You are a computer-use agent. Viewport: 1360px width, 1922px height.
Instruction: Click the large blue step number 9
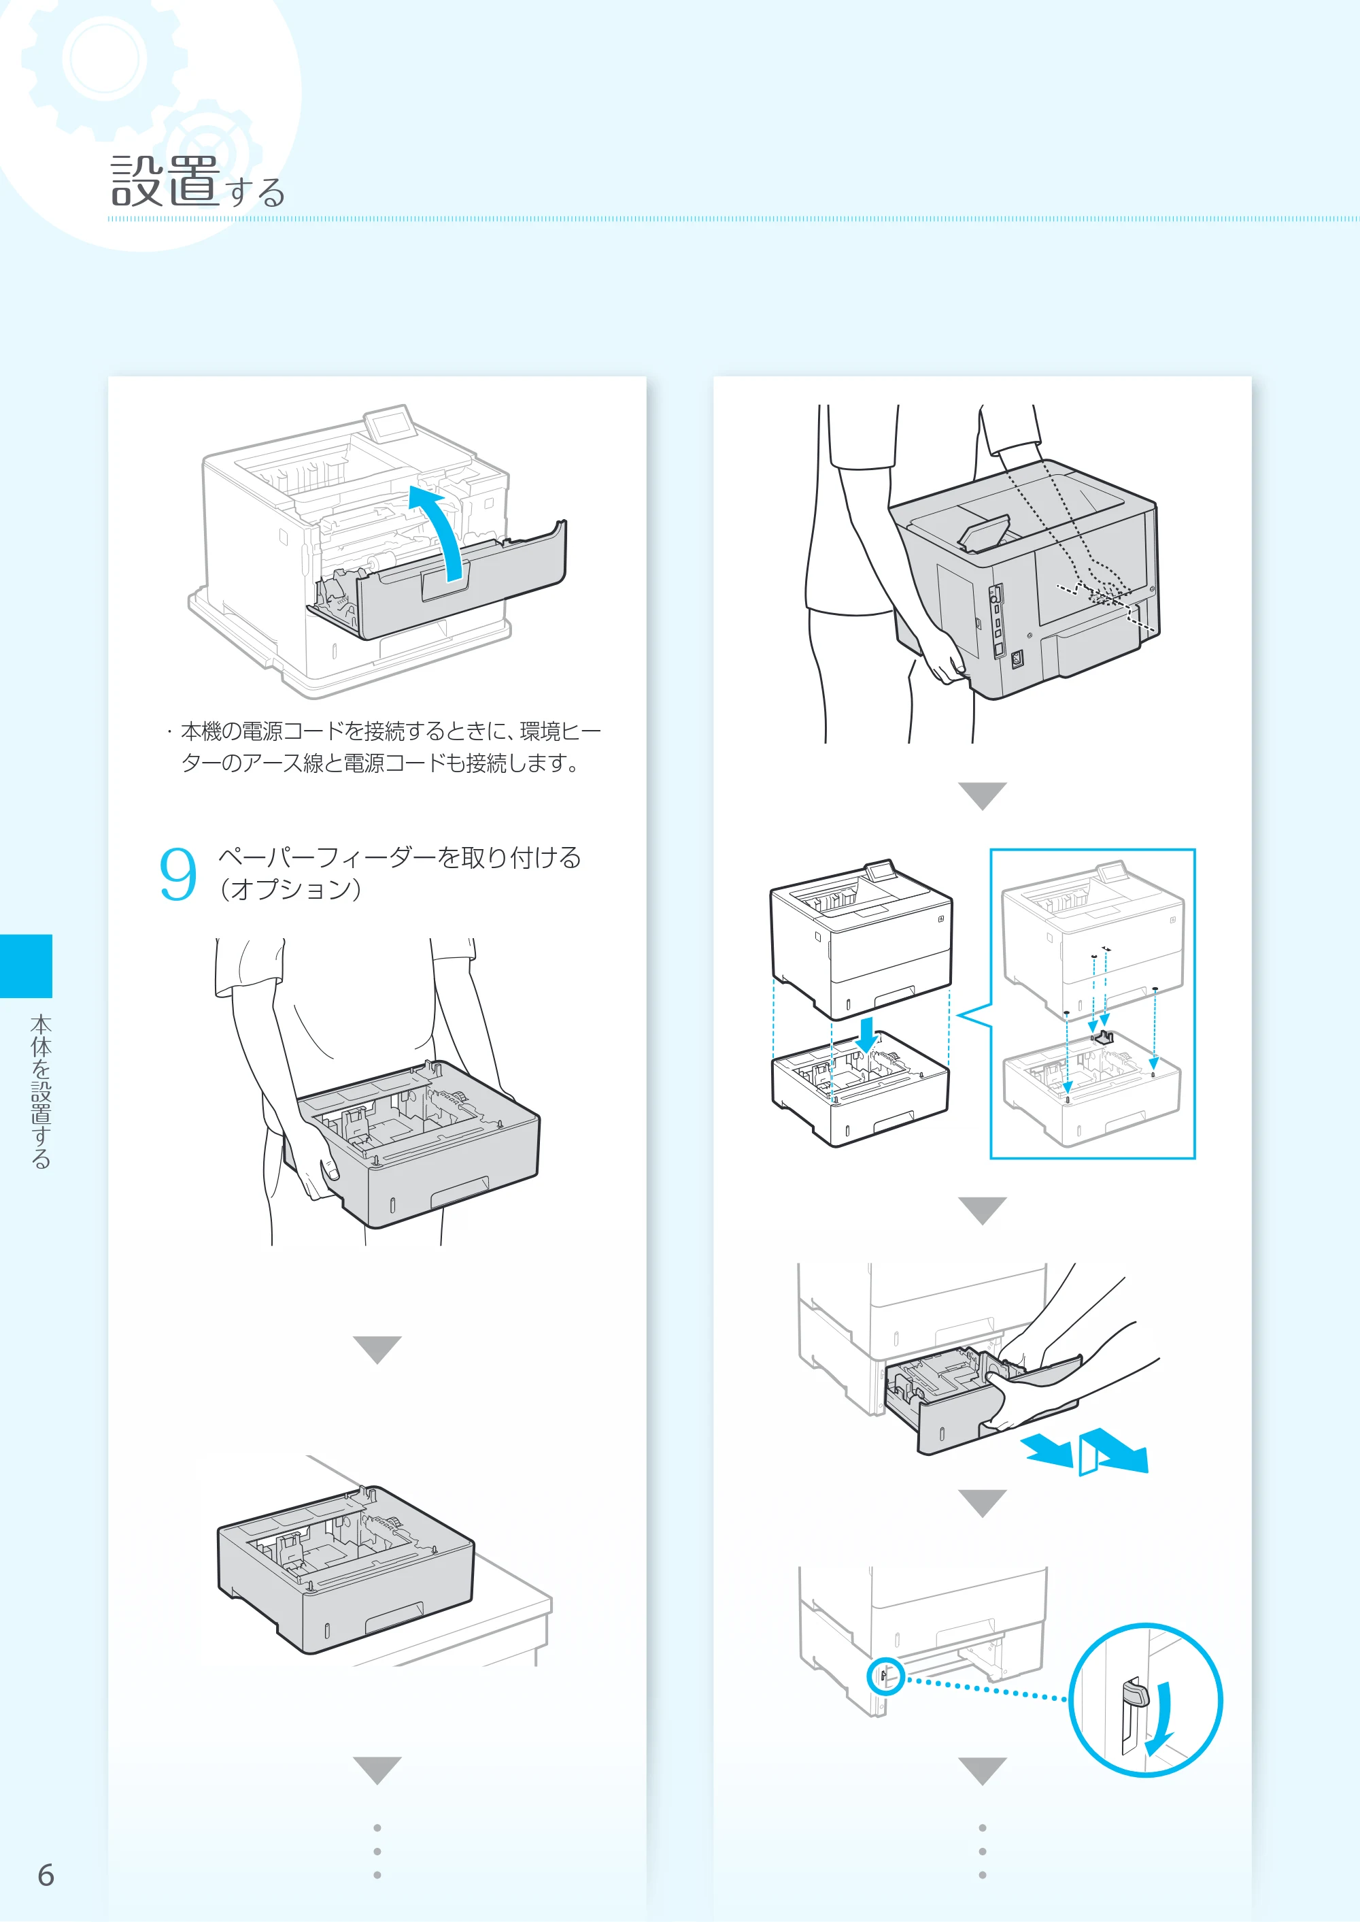coord(177,874)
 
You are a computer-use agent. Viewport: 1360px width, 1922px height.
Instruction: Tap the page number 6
coord(46,1875)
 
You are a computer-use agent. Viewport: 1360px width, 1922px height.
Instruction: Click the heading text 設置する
coord(198,181)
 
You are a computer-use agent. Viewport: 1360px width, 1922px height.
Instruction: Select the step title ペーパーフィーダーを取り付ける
coord(398,857)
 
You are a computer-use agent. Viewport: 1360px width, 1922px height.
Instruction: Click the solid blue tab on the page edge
coord(26,966)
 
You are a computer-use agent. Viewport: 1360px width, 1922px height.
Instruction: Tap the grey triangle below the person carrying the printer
coord(983,796)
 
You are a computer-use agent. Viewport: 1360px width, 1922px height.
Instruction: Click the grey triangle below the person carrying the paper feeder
coord(377,1350)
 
